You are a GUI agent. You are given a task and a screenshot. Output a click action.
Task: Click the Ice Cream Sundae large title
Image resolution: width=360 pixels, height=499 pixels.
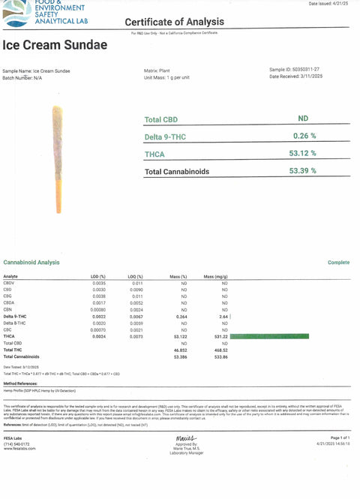click(x=55, y=44)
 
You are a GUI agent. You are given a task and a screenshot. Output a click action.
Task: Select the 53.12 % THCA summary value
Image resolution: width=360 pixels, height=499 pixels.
click(x=303, y=153)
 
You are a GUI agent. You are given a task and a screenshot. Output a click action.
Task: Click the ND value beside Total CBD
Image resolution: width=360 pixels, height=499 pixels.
click(x=302, y=119)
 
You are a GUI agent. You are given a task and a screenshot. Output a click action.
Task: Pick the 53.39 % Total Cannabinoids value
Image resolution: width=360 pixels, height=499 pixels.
click(x=302, y=170)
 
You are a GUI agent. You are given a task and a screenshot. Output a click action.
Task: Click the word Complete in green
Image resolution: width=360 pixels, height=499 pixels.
click(x=339, y=263)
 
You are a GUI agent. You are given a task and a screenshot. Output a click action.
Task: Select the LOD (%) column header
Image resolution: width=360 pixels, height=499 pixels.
click(x=98, y=277)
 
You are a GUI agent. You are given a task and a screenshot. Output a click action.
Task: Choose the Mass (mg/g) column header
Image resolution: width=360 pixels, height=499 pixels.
click(x=216, y=277)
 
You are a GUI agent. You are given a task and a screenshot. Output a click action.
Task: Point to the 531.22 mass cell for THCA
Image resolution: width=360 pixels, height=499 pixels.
click(x=220, y=337)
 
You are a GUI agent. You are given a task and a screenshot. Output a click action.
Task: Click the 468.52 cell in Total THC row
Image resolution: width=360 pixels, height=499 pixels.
click(x=220, y=350)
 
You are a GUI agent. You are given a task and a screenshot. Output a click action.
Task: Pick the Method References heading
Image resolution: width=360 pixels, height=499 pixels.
click(x=23, y=382)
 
